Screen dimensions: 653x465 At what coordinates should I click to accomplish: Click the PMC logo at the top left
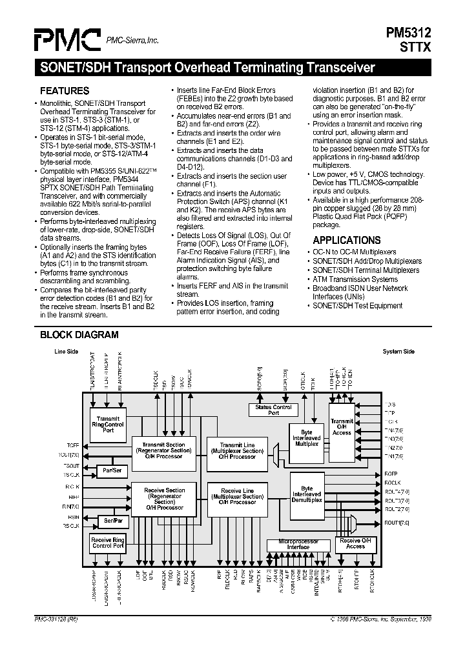tap(67, 40)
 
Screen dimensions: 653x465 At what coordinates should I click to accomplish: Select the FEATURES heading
tap(65, 92)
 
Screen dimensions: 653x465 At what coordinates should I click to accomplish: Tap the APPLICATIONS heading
tap(346, 240)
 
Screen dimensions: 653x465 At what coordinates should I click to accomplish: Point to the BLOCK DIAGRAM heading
tap(79, 335)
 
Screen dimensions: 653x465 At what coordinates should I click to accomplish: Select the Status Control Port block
tap(274, 410)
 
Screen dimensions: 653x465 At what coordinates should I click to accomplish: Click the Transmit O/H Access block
tap(342, 427)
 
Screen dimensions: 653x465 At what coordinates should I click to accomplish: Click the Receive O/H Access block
tap(355, 544)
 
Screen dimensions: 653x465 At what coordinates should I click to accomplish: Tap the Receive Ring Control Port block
tap(108, 543)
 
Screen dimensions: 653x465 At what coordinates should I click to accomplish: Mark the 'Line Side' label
tap(66, 352)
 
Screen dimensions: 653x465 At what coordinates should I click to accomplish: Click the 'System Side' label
tap(398, 352)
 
